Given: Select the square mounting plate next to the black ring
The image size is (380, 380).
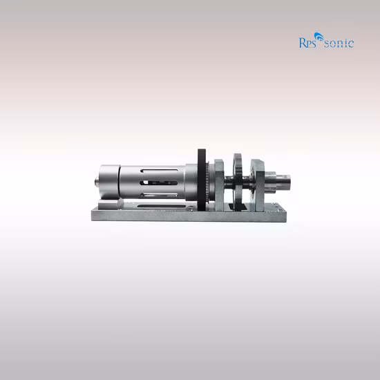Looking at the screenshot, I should click(218, 184).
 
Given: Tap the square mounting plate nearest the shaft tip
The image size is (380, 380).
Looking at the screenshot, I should click(258, 182).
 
